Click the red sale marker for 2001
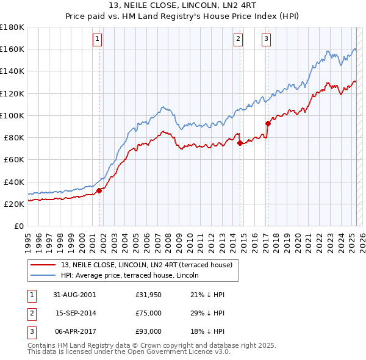(x=99, y=190)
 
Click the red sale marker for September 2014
(x=240, y=143)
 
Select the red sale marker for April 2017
(x=267, y=123)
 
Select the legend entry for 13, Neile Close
(x=146, y=265)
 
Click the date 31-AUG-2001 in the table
(x=74, y=295)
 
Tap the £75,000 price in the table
(x=149, y=313)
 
